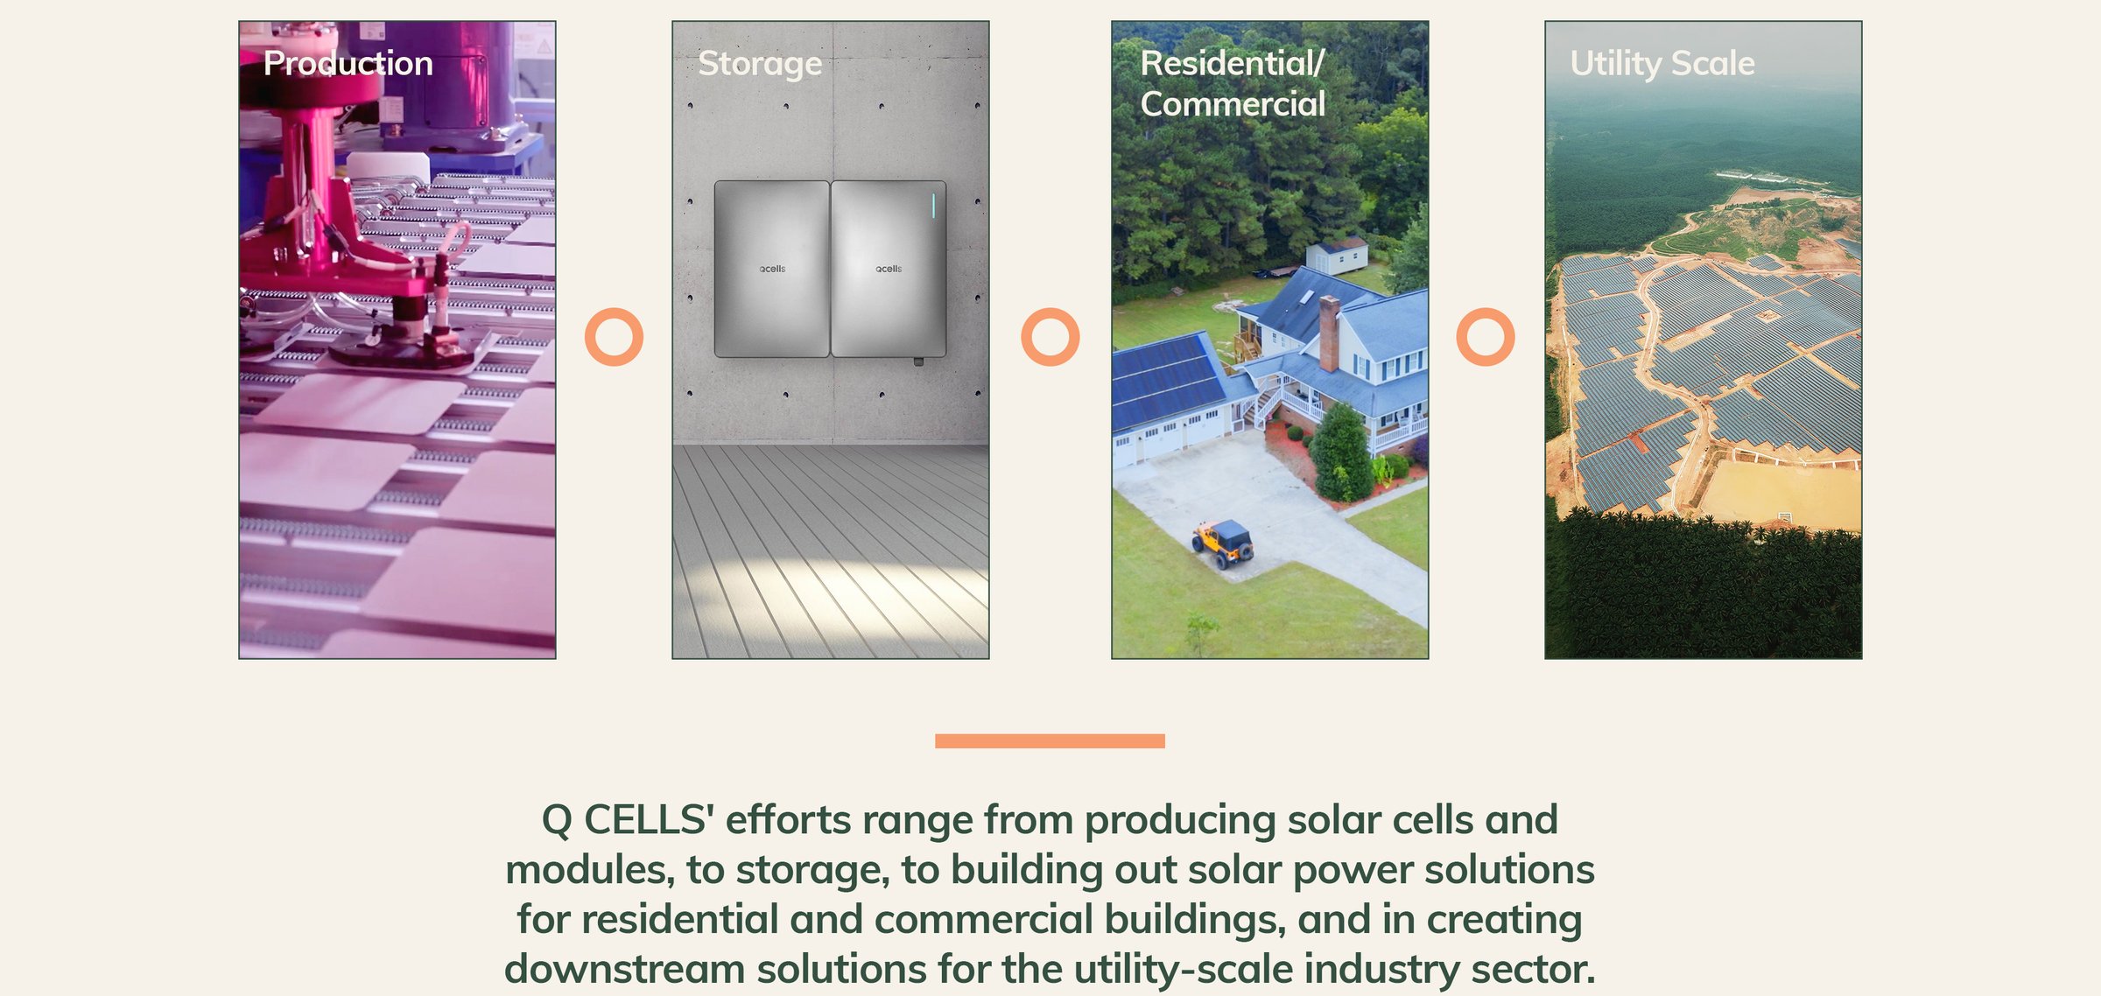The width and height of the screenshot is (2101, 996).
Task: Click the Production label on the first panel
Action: pyautogui.click(x=348, y=63)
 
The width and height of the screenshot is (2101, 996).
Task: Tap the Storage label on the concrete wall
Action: pyautogui.click(x=760, y=64)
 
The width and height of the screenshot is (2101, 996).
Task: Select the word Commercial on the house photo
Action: pyautogui.click(x=1233, y=104)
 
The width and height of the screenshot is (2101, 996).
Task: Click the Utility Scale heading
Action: pyautogui.click(x=1662, y=64)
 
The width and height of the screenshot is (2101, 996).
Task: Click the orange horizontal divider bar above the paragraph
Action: pyautogui.click(x=1050, y=741)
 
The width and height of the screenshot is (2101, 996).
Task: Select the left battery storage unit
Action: pyautogui.click(x=771, y=269)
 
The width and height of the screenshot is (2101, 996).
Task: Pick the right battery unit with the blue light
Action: pyautogui.click(x=889, y=269)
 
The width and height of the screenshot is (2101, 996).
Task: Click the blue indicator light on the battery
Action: pyautogui.click(x=934, y=206)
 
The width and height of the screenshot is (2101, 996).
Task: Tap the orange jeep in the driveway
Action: pyautogui.click(x=1223, y=543)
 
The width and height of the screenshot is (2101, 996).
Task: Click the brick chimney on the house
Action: pyautogui.click(x=1329, y=334)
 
